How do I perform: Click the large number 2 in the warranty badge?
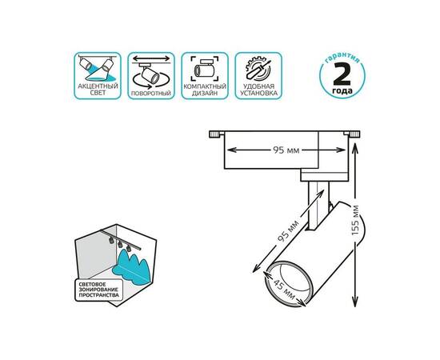[342, 74]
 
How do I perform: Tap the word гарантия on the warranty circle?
[342, 58]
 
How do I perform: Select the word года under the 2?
[342, 90]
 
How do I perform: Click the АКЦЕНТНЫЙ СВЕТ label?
[98, 90]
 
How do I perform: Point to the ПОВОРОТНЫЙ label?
[151, 93]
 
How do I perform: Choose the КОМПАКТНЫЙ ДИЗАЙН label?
[205, 90]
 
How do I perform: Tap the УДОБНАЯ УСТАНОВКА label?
[258, 90]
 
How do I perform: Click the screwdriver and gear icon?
[258, 69]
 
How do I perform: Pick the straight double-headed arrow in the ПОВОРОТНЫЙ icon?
[151, 58]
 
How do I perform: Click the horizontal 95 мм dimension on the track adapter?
[286, 150]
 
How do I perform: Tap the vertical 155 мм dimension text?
[355, 221]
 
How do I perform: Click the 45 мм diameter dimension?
[283, 290]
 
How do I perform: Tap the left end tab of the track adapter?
[217, 134]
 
